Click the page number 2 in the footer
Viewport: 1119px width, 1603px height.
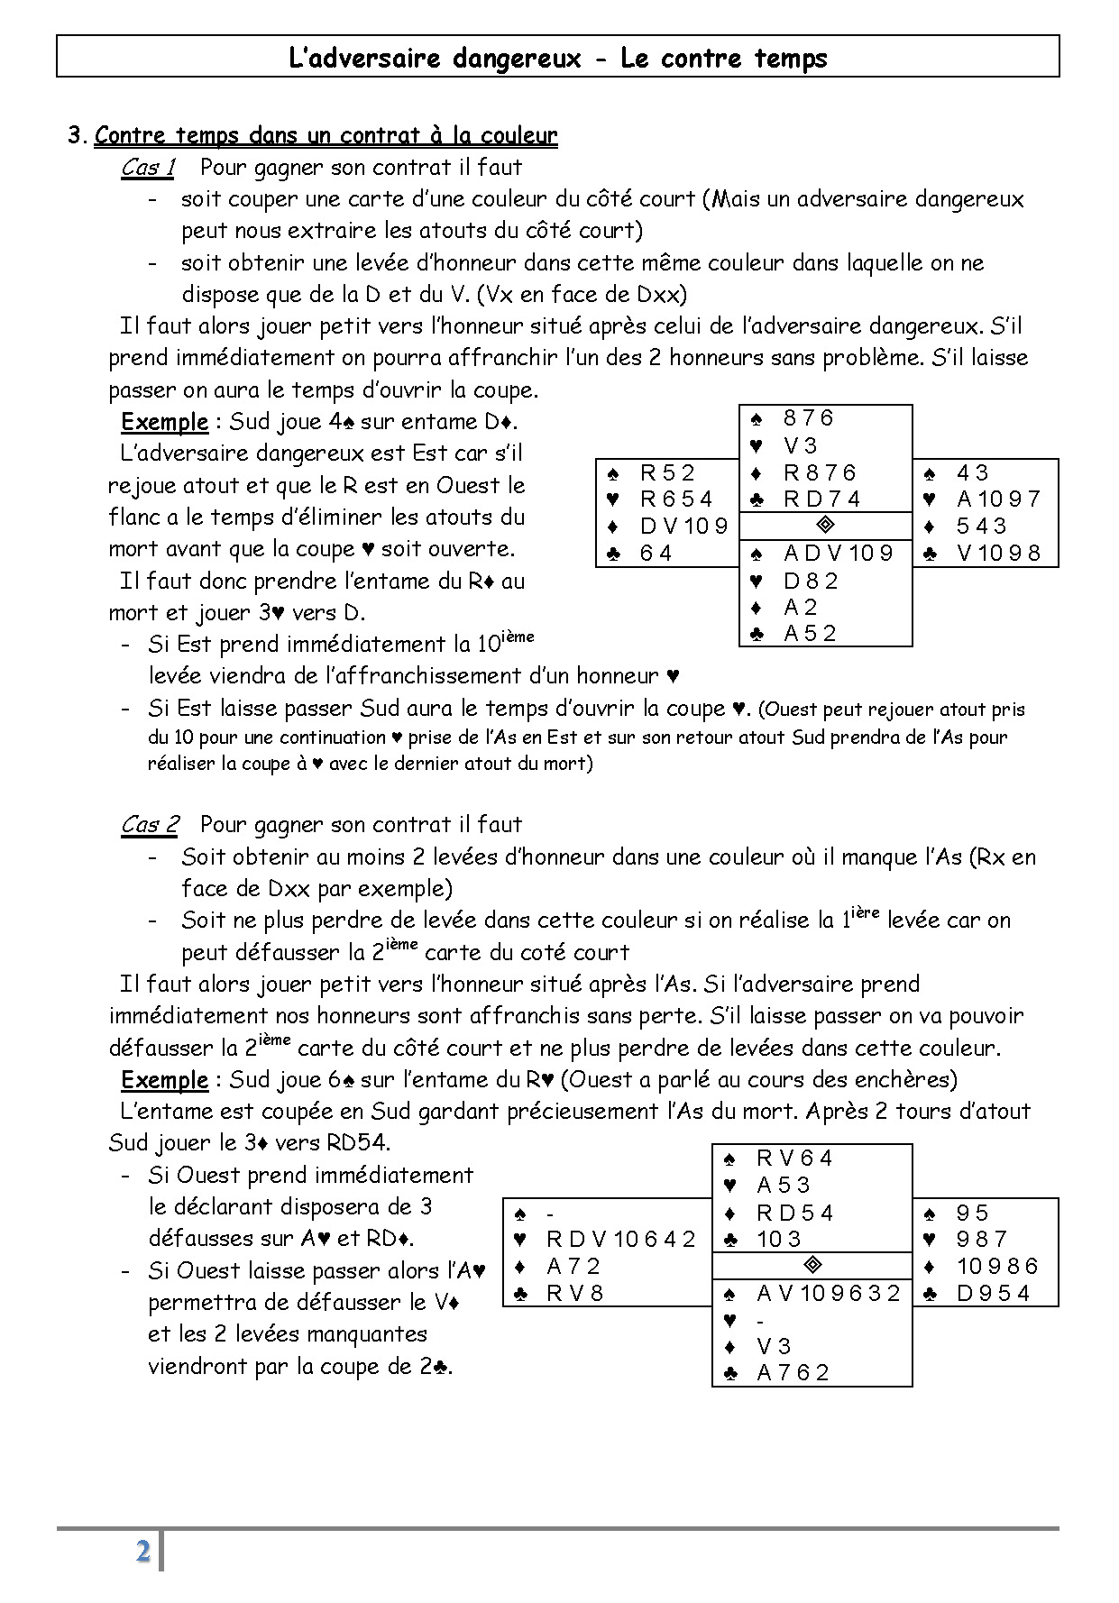coord(142,1552)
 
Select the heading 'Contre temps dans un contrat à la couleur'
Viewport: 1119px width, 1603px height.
coord(326,136)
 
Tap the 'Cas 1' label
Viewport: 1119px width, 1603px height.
coord(148,168)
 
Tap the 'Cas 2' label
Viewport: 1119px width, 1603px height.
coord(150,825)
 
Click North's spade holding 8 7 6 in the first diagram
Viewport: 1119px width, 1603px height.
coord(809,418)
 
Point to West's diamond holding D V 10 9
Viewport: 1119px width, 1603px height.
coord(683,526)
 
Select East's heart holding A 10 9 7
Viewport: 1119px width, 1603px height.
coord(998,499)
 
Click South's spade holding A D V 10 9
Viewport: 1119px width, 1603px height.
coord(839,554)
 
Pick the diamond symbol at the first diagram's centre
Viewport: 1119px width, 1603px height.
coord(825,525)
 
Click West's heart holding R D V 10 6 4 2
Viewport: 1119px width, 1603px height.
coord(621,1240)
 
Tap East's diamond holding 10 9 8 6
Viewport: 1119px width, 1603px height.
coord(997,1267)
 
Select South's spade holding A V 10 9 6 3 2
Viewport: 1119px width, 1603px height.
coord(829,1294)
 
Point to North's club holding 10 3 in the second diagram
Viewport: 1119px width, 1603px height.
coord(779,1240)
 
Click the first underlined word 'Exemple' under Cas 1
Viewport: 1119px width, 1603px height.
coord(164,422)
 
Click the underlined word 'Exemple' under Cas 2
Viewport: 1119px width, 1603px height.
coord(164,1080)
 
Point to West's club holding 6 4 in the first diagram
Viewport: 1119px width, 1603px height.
coord(656,553)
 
